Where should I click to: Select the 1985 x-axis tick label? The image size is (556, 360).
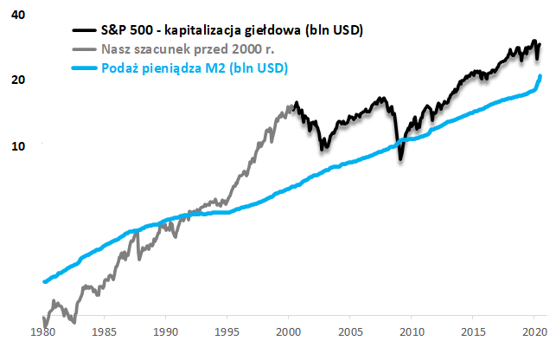tap(105, 331)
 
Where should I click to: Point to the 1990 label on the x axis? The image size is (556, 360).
tap(166, 331)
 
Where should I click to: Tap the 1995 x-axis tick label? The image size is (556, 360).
tap(227, 331)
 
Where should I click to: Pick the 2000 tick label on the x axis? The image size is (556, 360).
tap(289, 331)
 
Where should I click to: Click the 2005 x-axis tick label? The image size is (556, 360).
tap(350, 331)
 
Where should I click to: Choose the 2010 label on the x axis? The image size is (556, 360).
tap(412, 331)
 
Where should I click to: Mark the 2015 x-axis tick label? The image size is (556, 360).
tap(473, 331)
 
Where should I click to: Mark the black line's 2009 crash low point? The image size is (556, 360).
tap(400, 159)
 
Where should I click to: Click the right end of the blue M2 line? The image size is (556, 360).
tap(540, 76)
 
